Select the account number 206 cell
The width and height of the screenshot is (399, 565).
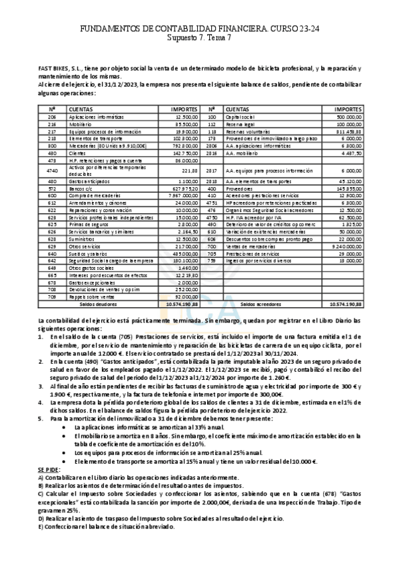pyautogui.click(x=51, y=117)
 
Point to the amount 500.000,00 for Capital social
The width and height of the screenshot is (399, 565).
pyautogui.click(x=348, y=117)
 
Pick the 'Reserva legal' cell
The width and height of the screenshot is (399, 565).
pyautogui.click(x=240, y=124)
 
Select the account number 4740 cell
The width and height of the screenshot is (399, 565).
pyautogui.click(x=51, y=171)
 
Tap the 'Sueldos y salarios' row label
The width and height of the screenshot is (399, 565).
pyautogui.click(x=90, y=253)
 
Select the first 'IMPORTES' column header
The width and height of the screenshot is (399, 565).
pyautogui.click(x=184, y=109)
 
